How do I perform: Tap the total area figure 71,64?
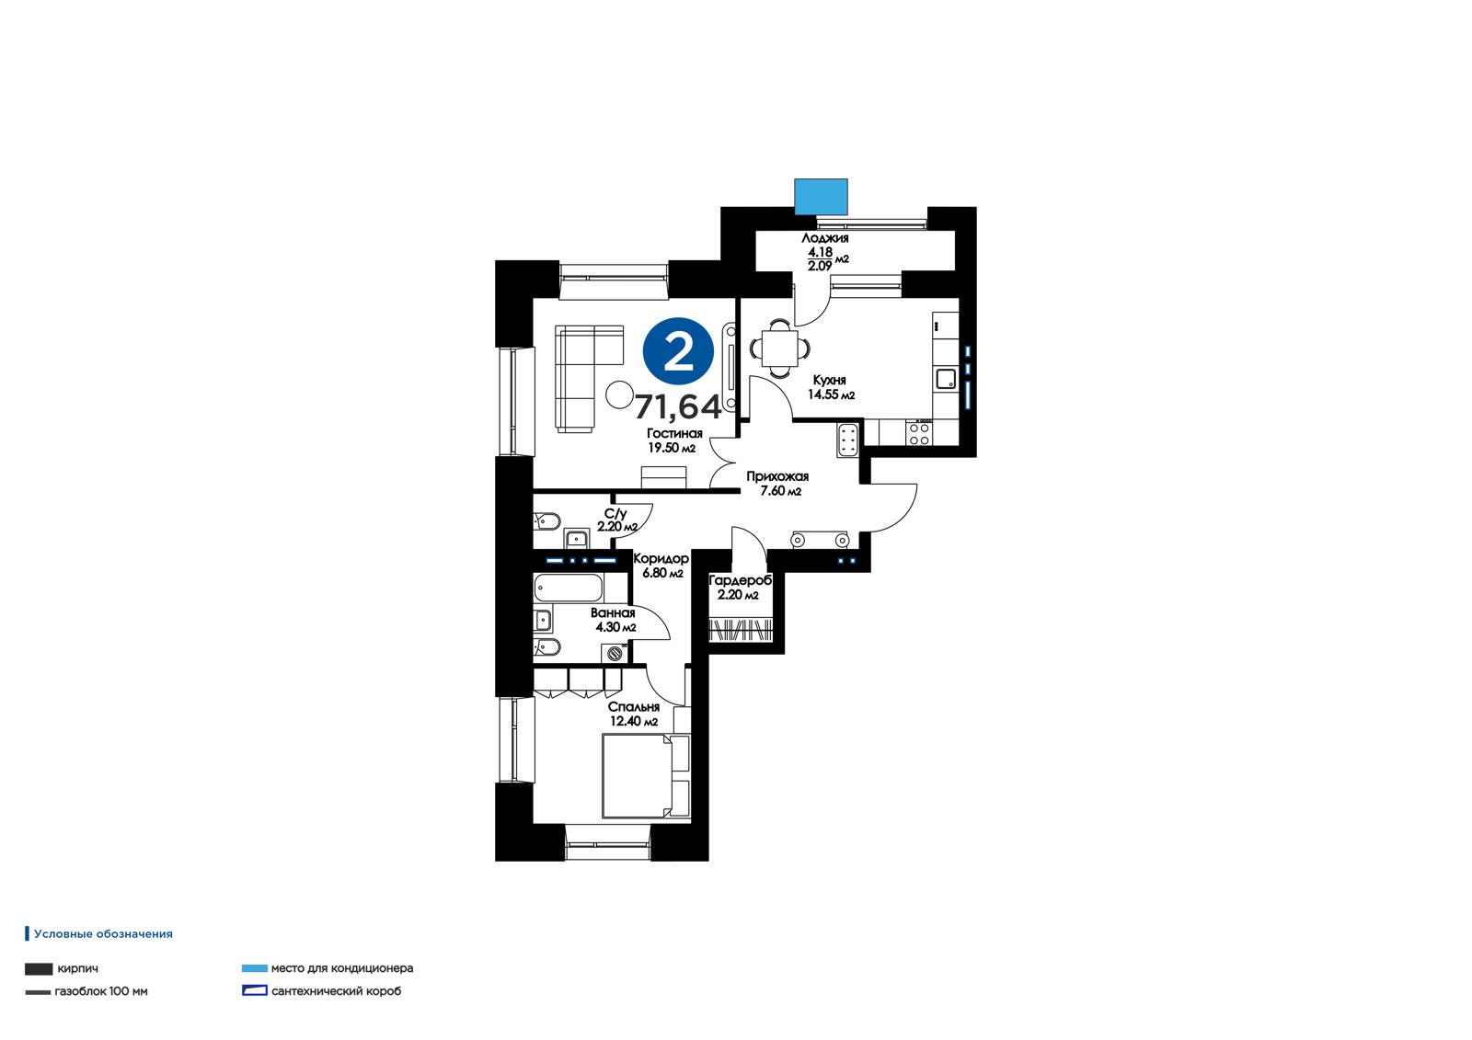pos(678,406)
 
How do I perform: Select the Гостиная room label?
pos(674,434)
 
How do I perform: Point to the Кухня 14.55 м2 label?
pos(831,388)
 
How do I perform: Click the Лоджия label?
pos(824,238)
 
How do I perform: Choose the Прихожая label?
pos(777,476)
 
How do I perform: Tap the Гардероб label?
pos(740,580)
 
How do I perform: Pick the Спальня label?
pos(634,707)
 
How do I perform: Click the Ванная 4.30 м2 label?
pos(615,620)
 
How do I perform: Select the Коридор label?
pos(661,558)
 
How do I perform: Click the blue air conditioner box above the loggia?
pos(821,197)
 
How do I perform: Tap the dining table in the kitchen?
pos(780,349)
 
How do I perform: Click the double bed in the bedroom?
pos(645,776)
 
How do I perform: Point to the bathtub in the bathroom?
pos(569,588)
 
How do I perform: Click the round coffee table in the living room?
pos(619,394)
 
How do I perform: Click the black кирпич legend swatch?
pos(39,969)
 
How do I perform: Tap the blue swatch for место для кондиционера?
pos(255,968)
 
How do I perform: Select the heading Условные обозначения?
pos(103,933)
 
